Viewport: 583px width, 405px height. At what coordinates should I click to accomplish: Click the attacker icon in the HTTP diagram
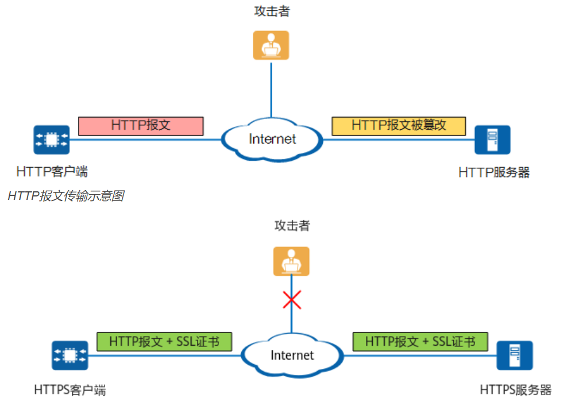pos(271,45)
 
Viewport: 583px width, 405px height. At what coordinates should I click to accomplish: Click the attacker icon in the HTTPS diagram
pos(291,261)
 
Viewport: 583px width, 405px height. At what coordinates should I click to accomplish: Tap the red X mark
pos(292,299)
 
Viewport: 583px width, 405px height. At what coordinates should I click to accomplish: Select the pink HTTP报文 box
pos(141,126)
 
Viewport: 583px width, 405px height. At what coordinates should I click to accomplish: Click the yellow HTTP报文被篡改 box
pos(399,126)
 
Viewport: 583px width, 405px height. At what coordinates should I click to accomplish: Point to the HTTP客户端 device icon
pos(51,140)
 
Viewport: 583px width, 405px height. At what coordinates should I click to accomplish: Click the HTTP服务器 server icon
pos(492,140)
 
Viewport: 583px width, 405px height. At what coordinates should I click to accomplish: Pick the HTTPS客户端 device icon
pos(70,356)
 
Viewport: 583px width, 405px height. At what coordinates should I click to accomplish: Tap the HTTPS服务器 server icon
pos(515,356)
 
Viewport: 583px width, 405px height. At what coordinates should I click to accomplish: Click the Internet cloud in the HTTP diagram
pos(272,138)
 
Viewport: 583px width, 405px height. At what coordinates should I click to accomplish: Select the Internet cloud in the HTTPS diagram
pos(292,355)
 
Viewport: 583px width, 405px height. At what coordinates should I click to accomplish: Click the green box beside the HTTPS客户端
pos(164,342)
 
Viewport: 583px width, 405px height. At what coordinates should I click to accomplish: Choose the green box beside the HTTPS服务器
pos(420,342)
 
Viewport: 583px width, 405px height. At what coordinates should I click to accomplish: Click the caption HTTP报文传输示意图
pos(66,196)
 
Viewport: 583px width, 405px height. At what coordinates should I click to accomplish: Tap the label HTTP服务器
pos(494,172)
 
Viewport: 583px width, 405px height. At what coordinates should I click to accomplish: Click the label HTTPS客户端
pos(70,390)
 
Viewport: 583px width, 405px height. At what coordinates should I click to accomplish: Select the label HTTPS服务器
pos(516,390)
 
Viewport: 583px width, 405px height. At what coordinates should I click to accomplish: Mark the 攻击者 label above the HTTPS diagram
pos(292,225)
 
